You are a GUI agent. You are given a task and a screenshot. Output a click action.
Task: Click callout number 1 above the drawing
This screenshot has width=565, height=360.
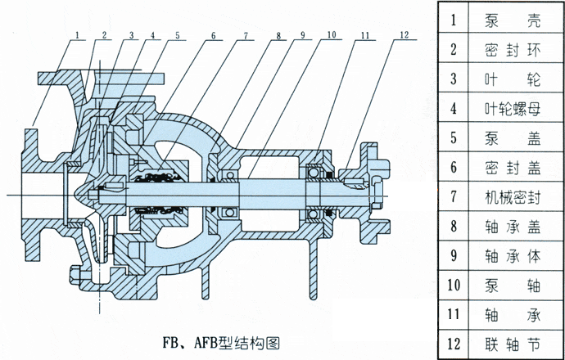pyautogui.click(x=76, y=35)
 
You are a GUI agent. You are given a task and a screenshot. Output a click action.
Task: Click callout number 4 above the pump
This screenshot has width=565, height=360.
pyautogui.click(x=153, y=35)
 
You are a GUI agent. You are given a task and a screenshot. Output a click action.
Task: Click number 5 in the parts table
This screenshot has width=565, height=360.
pyautogui.click(x=453, y=137)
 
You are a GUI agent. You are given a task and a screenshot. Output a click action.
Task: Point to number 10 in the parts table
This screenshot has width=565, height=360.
pyautogui.click(x=453, y=285)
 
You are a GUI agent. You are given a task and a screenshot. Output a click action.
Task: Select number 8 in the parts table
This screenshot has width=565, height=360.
pyautogui.click(x=453, y=226)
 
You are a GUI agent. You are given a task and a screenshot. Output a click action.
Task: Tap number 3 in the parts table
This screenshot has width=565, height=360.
pyautogui.click(x=453, y=79)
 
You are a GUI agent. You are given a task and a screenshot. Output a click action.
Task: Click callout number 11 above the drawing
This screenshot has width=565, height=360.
pyautogui.click(x=365, y=35)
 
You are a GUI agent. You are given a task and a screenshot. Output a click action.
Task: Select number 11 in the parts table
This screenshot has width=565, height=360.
pyautogui.click(x=453, y=314)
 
